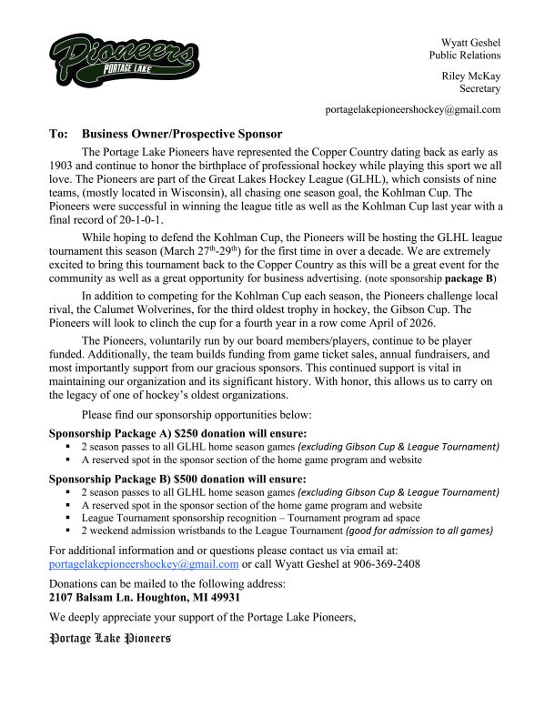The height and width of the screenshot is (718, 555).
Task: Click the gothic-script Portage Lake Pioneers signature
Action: coord(109,639)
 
